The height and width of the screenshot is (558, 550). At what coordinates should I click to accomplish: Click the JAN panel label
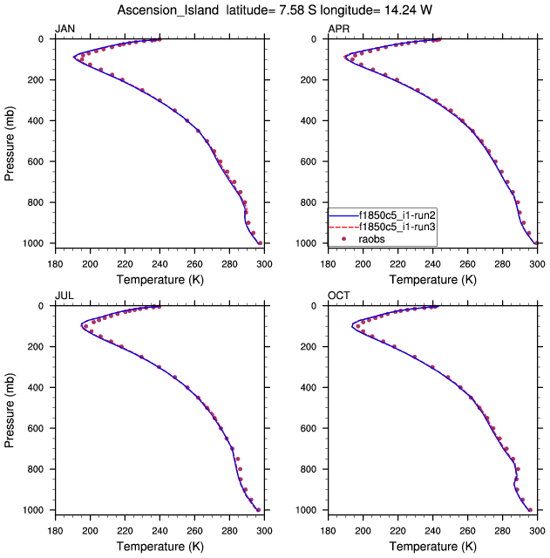tap(65, 30)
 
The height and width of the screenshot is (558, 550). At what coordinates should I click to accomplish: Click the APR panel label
tap(338, 30)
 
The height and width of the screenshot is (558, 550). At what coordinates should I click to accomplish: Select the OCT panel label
tap(338, 296)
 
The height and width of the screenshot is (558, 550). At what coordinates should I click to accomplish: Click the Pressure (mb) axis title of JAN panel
tap(10, 141)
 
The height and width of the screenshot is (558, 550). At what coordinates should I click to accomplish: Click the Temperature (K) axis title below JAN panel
tap(160, 279)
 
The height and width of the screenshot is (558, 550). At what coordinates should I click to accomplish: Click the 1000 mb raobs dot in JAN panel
tap(259, 243)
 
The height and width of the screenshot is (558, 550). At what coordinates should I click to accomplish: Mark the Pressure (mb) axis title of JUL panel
tap(10, 408)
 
